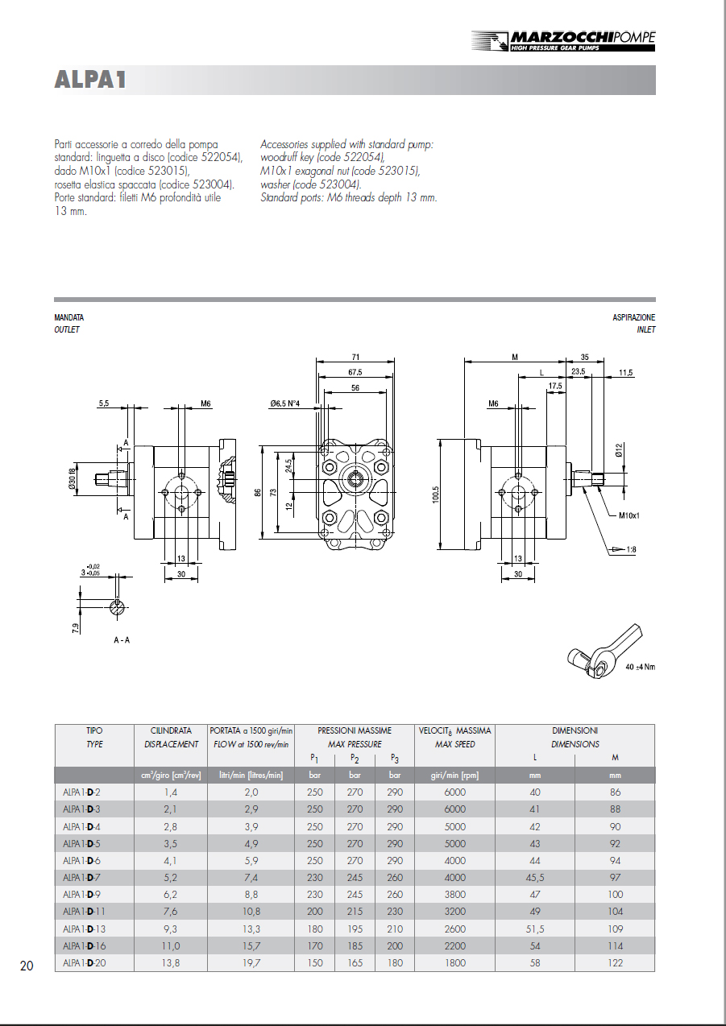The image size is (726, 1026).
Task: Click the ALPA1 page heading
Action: (90, 81)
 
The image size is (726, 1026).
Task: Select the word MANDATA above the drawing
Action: (68, 318)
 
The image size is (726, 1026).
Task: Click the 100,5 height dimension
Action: (436, 492)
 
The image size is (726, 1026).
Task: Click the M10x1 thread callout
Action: (629, 515)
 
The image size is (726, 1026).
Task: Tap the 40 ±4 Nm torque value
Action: (640, 667)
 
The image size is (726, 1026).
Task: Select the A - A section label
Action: (122, 639)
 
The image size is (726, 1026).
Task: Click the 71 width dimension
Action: (355, 357)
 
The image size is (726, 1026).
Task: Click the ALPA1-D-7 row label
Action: (81, 877)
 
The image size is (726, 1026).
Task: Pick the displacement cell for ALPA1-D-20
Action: (171, 963)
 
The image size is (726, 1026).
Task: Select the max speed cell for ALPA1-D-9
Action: (454, 895)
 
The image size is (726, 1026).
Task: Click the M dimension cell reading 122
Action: (615, 963)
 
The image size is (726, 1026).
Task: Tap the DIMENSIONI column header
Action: (575, 730)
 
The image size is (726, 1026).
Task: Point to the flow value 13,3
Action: (251, 929)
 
